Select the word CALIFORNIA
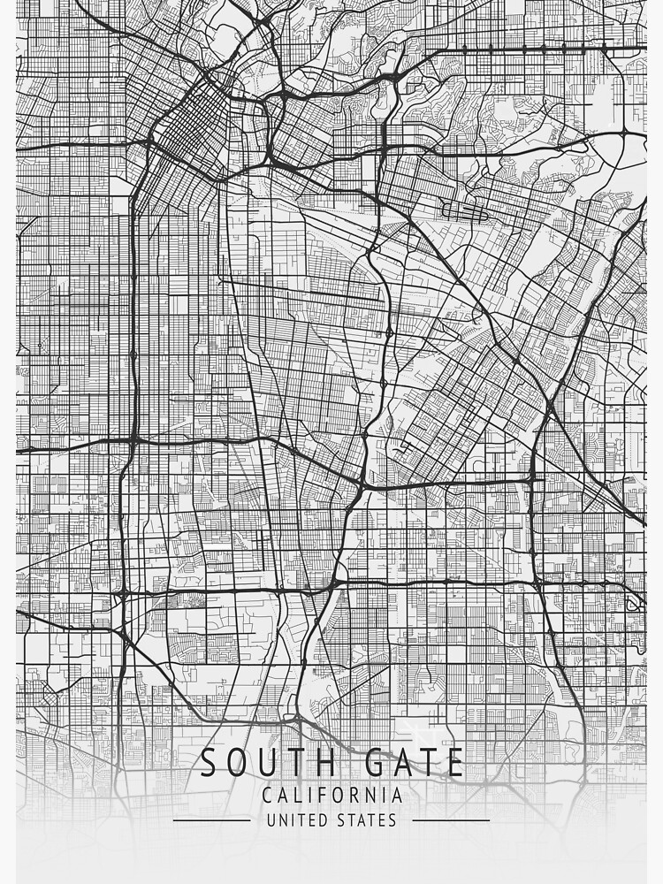pos(331,796)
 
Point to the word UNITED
pos(296,820)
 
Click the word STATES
pos(367,820)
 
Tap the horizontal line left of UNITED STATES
pos(211,820)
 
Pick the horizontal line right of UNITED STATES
pos(451,820)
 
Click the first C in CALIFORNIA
pos(267,796)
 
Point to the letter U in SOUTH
pos(251,763)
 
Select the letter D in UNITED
pos(321,820)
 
